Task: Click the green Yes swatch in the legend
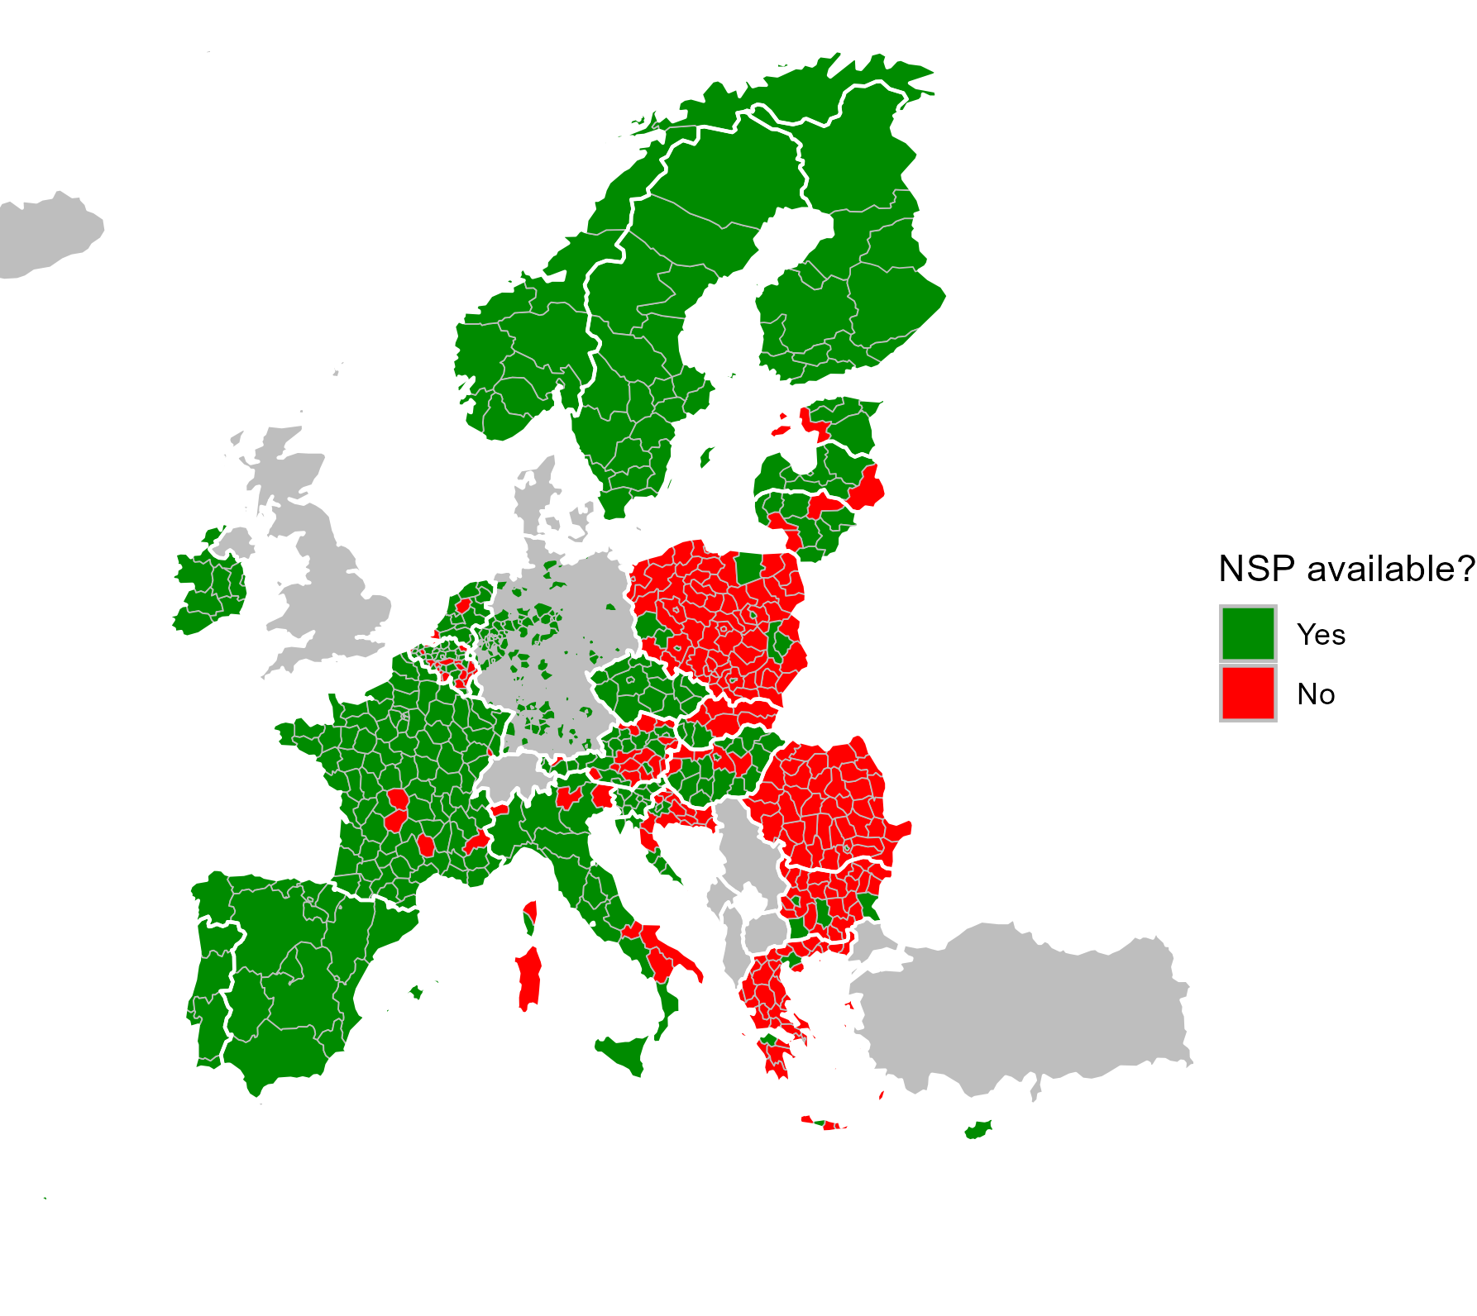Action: pyautogui.click(x=1248, y=634)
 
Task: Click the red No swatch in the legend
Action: pyautogui.click(x=1248, y=694)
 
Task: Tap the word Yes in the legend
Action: pyautogui.click(x=1321, y=635)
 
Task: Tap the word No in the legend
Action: pyautogui.click(x=1316, y=694)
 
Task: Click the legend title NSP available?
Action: pyautogui.click(x=1346, y=570)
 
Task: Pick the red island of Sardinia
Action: pyautogui.click(x=528, y=980)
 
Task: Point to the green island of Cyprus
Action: pyautogui.click(x=978, y=1129)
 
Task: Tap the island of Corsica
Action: pyautogui.click(x=530, y=917)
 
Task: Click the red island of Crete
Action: pyautogui.click(x=822, y=1123)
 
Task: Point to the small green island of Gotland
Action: pyautogui.click(x=706, y=457)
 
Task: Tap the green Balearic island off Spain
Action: pyautogui.click(x=416, y=991)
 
